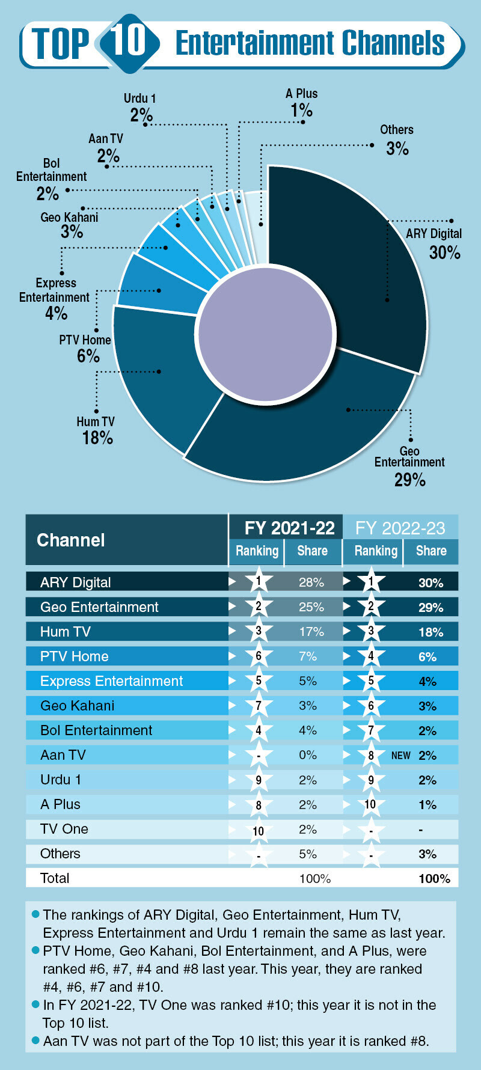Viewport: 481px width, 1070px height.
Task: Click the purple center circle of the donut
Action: [265, 334]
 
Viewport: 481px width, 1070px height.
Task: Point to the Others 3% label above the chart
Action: [397, 140]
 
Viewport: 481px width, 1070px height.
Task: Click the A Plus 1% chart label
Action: [301, 103]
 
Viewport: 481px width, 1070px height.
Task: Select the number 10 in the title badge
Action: [129, 41]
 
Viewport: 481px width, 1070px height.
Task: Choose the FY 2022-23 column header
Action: [400, 528]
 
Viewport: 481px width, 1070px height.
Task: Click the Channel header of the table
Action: [71, 540]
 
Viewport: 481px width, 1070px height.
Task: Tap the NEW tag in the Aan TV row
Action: [400, 756]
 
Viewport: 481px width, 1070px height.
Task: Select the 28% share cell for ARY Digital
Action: [311, 582]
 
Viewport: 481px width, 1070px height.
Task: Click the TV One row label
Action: [64, 829]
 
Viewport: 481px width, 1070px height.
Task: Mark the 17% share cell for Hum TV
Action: [311, 632]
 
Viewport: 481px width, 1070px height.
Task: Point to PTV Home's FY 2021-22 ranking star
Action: [259, 656]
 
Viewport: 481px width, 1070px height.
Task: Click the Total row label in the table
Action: [55, 878]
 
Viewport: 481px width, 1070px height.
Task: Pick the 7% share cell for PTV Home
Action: [308, 656]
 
